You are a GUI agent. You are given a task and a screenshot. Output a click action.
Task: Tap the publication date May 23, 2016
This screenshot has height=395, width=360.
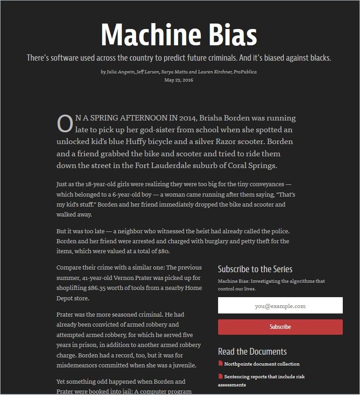179,80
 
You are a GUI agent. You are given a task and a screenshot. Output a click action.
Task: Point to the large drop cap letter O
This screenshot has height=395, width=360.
65,124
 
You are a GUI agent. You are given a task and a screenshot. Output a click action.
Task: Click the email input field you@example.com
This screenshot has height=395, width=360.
280,306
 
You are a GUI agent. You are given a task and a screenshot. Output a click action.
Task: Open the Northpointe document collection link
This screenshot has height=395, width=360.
262,364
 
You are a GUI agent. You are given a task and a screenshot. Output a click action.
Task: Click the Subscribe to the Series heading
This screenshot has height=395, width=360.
255,269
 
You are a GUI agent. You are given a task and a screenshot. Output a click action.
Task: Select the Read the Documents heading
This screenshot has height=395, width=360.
252,352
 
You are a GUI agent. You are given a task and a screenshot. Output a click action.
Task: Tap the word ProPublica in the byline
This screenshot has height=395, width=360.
245,72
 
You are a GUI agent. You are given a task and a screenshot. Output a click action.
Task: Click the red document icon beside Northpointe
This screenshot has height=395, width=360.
220,363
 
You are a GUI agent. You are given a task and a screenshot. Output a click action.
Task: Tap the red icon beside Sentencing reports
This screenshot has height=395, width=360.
220,376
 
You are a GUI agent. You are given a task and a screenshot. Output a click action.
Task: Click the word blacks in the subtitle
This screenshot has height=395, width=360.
319,58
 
